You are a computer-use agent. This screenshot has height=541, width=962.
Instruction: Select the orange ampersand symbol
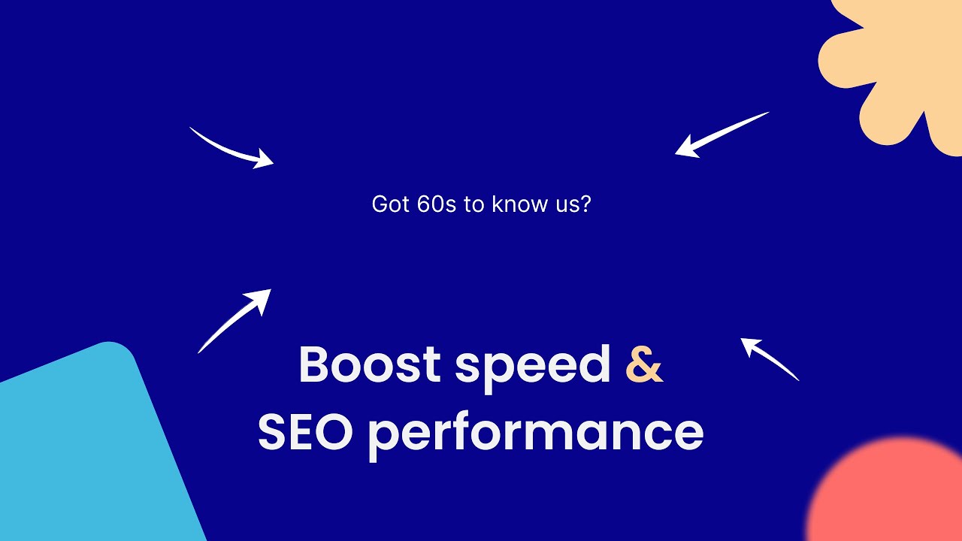[644, 365]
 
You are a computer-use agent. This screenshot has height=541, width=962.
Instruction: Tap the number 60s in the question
[436, 204]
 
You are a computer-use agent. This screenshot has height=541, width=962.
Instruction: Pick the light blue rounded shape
[90, 451]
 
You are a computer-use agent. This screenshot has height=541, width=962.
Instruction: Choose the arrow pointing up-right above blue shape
[233, 322]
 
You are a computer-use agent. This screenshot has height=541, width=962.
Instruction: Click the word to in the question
[473, 204]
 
